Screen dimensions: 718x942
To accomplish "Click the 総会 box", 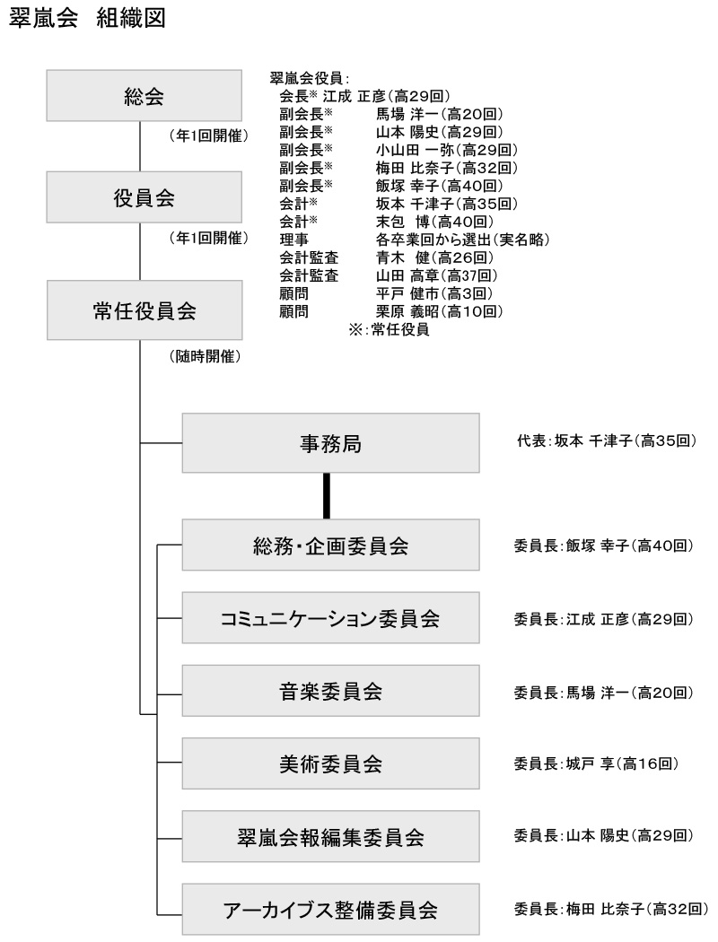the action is coord(144,95).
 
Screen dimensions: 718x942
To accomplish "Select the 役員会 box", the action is coord(144,197).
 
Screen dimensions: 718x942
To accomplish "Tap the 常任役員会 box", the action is coord(144,310).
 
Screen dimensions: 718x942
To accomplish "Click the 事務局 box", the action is coord(330,443).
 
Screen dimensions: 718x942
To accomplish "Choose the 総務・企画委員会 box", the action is coord(330,545).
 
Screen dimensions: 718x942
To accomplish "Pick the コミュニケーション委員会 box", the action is coord(330,617).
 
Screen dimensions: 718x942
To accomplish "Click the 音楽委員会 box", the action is coord(330,691).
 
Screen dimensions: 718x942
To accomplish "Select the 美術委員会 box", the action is coord(330,763).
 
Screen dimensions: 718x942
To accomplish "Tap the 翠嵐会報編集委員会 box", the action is coord(330,836).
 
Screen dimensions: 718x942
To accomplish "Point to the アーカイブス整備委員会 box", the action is coord(330,909).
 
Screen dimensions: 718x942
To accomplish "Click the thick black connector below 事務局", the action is coord(327,496).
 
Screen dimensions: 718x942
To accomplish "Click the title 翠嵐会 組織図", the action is coord(87,18).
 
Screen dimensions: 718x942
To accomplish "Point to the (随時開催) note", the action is coord(206,356).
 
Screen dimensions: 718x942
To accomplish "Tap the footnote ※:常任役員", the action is coord(389,329).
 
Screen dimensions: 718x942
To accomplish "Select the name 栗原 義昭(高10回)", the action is coord(439,311).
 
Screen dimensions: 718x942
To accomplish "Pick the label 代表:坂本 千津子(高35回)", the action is coord(607,441).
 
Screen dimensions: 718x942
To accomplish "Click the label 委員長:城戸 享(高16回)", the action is coord(596,763).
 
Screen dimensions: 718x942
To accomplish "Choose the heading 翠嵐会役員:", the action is coord(310,78).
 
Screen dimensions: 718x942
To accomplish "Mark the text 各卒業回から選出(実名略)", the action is coord(462,240).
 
